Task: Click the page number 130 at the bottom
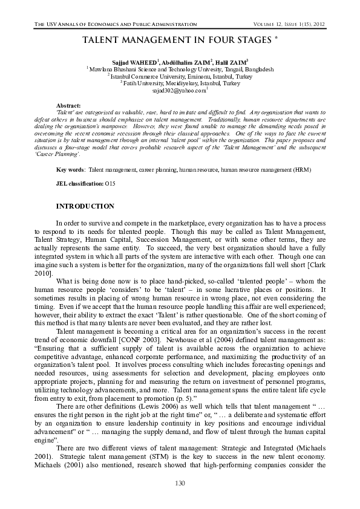point(180,482)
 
